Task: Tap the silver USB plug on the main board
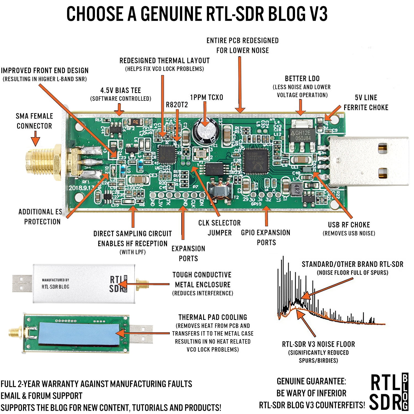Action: coord(368,161)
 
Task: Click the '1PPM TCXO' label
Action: coord(206,97)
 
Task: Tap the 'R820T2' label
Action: coord(177,105)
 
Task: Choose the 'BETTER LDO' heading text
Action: coord(302,79)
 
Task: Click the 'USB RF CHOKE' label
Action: coord(349,225)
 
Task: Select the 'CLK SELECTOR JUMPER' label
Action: coord(219,228)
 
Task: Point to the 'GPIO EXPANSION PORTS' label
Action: coord(266,237)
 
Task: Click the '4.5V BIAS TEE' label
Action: coord(121,91)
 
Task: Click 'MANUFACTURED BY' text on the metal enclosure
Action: coord(55,280)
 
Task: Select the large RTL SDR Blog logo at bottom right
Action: coord(389,392)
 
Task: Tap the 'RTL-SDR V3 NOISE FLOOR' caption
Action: coord(318,344)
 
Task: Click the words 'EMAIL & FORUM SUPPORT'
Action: coord(41,396)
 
